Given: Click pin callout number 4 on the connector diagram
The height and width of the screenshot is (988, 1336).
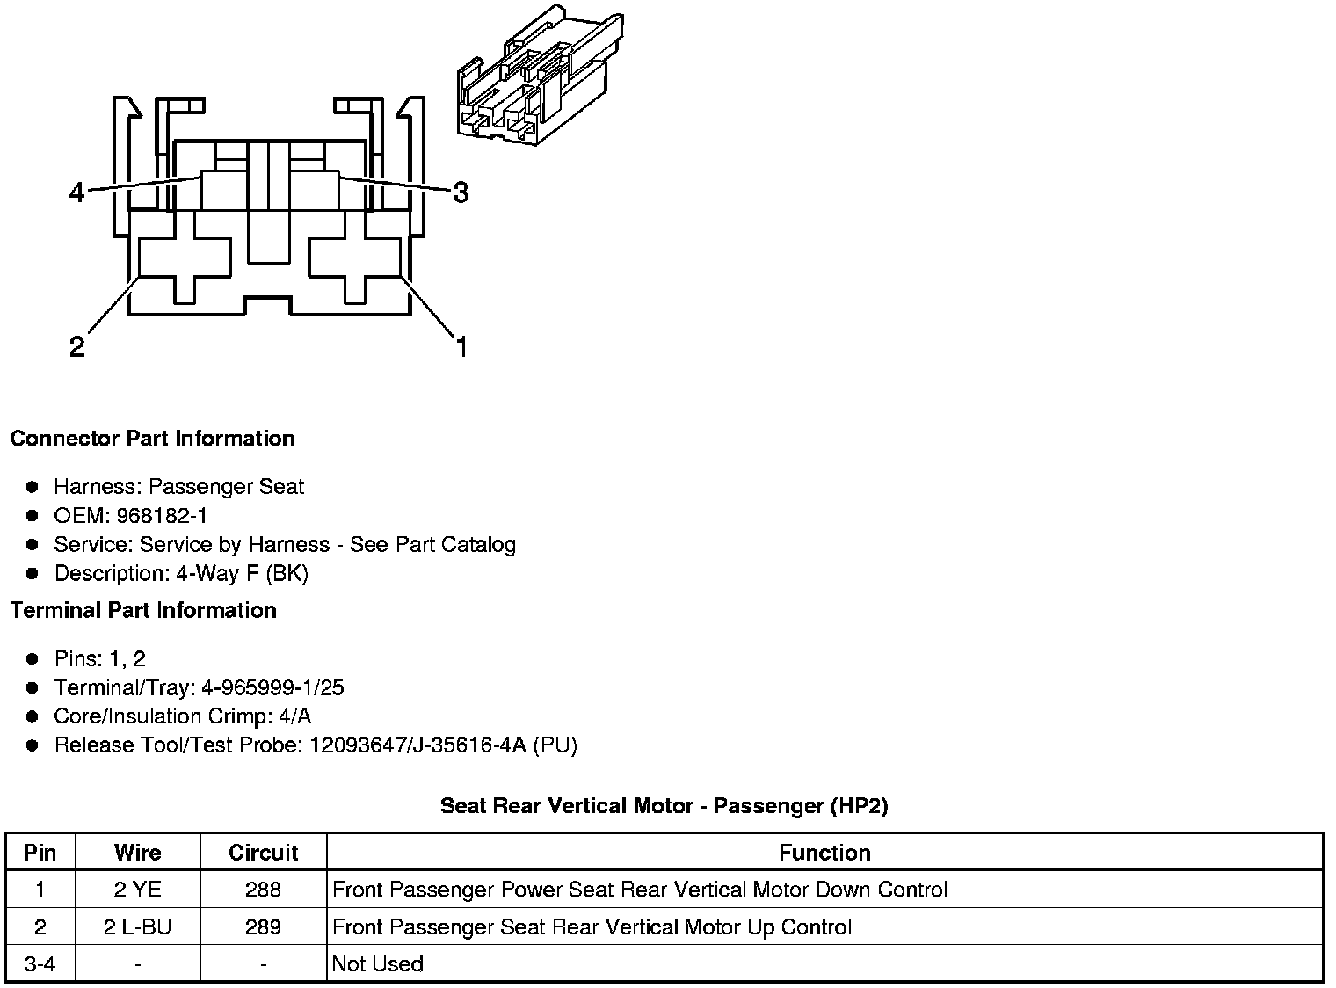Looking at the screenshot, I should (77, 192).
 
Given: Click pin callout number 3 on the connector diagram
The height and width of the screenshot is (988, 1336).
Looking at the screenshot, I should (460, 192).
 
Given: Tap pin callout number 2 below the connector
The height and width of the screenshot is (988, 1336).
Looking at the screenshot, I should (77, 347).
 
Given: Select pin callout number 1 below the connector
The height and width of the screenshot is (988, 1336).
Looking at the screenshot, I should (461, 347).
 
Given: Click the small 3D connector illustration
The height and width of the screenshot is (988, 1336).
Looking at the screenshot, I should (540, 76).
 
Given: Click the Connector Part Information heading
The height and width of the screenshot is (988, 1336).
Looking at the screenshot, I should (152, 439).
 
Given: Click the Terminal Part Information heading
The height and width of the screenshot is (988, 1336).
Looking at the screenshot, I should (143, 610).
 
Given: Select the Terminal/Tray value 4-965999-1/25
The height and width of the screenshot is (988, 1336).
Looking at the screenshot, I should (272, 687).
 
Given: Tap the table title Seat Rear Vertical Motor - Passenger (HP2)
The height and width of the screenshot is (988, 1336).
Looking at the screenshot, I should (664, 806).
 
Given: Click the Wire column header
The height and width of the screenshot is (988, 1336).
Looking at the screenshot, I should (138, 853).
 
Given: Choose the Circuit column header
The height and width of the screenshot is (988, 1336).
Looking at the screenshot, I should (263, 853).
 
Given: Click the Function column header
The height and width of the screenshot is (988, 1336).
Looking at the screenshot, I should (824, 853).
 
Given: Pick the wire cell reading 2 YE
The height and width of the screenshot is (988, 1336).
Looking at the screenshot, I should (138, 890).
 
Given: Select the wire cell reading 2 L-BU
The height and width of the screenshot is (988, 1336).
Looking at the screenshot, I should (138, 927).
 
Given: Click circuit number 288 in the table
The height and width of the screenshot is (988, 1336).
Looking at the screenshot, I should (263, 890).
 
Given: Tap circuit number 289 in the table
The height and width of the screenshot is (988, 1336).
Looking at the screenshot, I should (263, 927).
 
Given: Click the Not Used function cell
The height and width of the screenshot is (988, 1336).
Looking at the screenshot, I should (378, 964).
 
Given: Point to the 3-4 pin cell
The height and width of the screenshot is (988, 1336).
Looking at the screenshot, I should (40, 964).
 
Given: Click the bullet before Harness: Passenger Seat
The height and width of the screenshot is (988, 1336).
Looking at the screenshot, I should (33, 487).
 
